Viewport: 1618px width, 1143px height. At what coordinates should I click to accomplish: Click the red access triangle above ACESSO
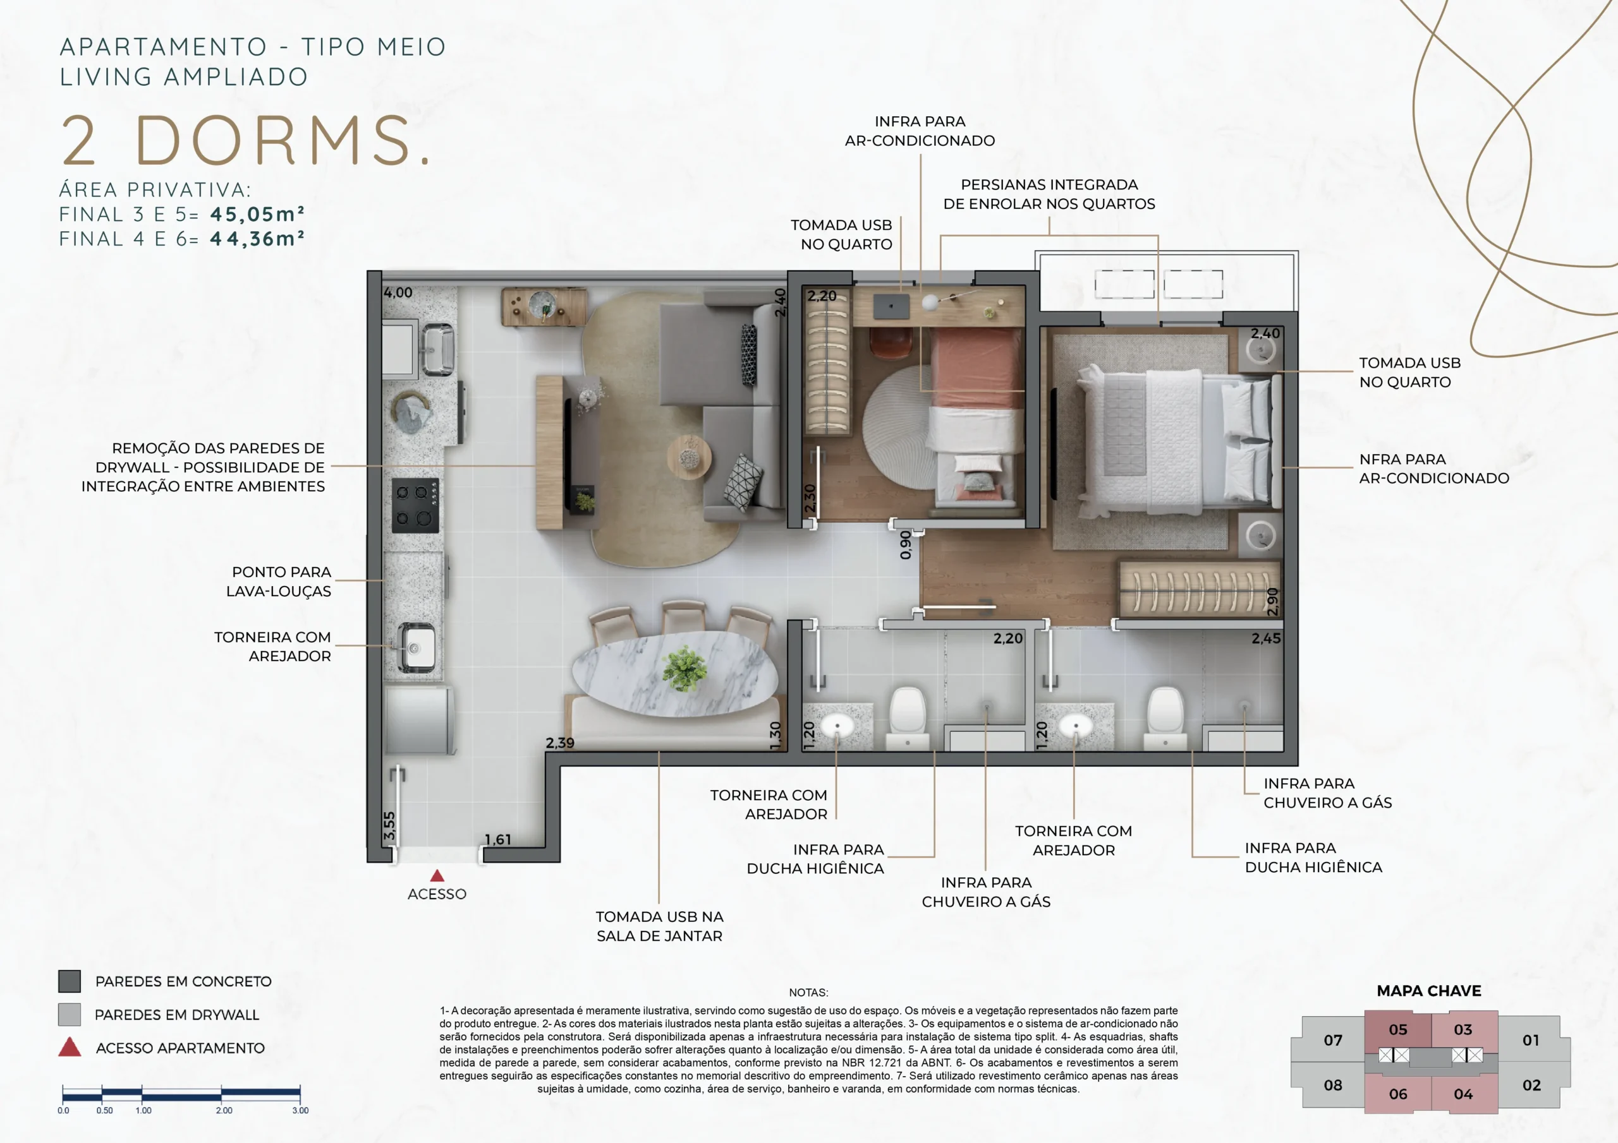pos(437,875)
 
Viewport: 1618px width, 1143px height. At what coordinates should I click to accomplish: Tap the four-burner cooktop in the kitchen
pos(415,506)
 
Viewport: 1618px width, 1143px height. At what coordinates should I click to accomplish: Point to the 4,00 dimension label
pos(398,292)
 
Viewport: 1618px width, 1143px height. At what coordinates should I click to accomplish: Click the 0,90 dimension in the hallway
pos(906,545)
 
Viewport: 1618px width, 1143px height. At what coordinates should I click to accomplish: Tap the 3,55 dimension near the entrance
pos(389,825)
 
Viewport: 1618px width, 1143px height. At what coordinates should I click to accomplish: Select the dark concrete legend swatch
pos(69,981)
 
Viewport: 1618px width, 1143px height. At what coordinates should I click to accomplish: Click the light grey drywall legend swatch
pos(69,1015)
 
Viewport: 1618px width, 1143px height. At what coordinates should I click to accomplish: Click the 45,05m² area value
pos(257,214)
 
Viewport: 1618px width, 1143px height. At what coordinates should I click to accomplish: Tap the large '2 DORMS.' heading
pos(245,140)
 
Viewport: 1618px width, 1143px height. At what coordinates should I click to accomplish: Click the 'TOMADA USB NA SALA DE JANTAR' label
pos(660,926)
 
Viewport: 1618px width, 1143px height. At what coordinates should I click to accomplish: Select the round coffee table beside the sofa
pos(688,457)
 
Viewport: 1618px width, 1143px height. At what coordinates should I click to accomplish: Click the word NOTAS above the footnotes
pos(809,992)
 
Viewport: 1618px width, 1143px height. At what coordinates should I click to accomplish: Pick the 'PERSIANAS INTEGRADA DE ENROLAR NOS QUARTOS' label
pos(1049,194)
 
